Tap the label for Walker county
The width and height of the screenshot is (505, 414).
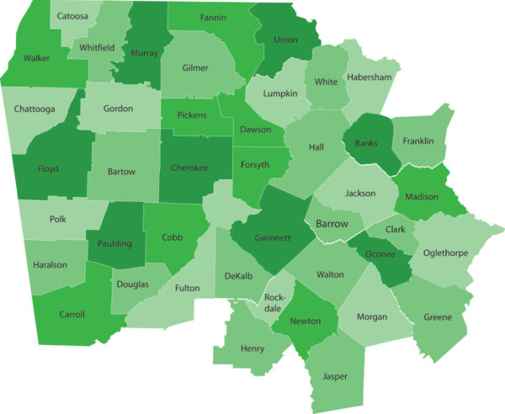click(36, 59)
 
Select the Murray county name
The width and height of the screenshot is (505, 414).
click(145, 53)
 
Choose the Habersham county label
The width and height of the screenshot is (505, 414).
click(369, 77)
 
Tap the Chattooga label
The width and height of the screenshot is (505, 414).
click(34, 109)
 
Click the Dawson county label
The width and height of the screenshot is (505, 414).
click(255, 130)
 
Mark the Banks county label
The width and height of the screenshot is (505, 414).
click(366, 142)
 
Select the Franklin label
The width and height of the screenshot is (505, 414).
click(418, 141)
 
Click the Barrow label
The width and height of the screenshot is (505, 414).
click(332, 224)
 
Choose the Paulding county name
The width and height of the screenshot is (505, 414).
click(114, 243)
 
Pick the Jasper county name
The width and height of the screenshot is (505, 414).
click(334, 376)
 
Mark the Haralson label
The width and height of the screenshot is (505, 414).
click(50, 264)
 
